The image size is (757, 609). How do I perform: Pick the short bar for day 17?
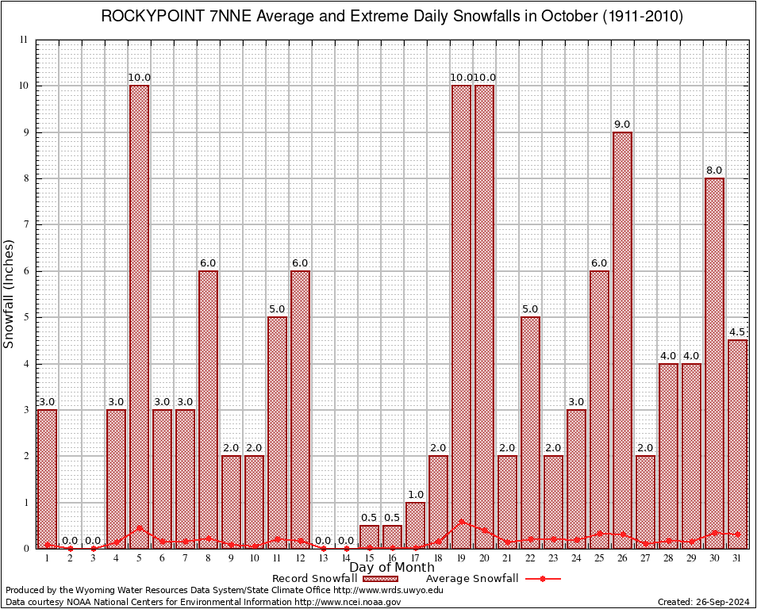(415, 525)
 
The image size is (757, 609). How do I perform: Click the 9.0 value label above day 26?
(622, 124)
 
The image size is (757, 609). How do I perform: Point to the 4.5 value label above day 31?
(738, 332)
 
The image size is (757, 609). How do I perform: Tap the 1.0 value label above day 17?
(415, 495)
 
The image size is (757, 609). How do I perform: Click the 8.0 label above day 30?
(714, 170)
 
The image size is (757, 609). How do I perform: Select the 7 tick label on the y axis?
(25, 224)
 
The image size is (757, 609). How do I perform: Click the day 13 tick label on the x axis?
(323, 558)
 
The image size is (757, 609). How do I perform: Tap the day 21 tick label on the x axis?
(507, 558)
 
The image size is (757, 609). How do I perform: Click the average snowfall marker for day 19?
(461, 522)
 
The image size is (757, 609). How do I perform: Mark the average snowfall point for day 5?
(139, 527)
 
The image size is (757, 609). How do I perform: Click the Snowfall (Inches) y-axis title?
(10, 293)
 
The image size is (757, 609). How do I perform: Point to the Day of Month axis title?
(392, 568)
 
